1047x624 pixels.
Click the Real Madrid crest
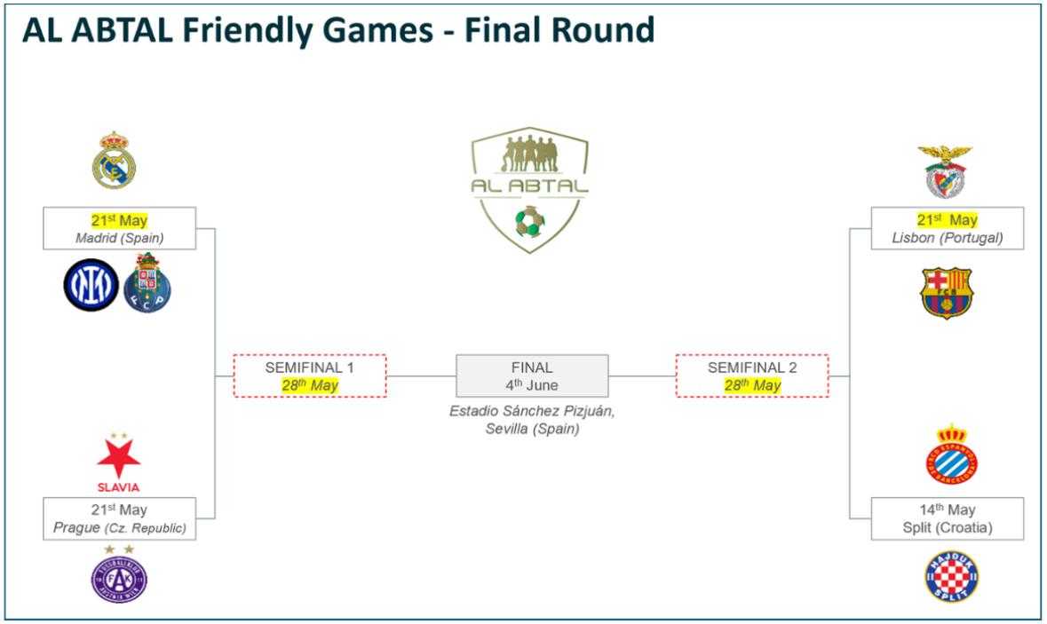[115, 162]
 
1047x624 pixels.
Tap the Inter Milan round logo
[90, 284]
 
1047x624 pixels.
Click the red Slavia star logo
[118, 460]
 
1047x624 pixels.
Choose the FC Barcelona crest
[947, 292]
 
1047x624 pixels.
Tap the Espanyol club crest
[951, 455]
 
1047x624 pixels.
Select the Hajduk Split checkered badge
[951, 576]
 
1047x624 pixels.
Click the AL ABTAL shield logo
[529, 188]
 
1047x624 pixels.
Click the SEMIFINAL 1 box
[309, 375]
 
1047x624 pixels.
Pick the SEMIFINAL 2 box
[751, 375]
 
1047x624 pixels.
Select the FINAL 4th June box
[532, 375]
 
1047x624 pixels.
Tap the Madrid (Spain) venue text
[119, 237]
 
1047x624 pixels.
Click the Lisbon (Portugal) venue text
[947, 237]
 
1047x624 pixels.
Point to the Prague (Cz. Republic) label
[119, 528]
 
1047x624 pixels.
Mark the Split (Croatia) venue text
[947, 528]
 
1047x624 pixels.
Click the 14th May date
[947, 509]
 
